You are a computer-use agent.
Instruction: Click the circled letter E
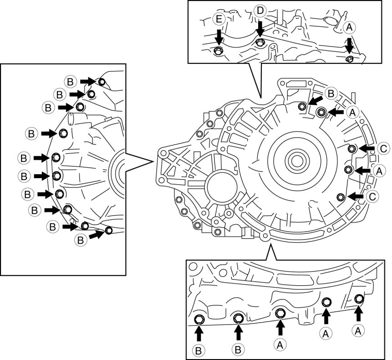point(218,19)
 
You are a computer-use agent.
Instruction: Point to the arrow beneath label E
point(219,36)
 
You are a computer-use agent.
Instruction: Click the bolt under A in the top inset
point(349,59)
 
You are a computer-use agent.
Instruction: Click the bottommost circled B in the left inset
point(80,238)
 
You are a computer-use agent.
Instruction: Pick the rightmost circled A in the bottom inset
point(359,329)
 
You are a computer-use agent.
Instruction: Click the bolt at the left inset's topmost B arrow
point(102,82)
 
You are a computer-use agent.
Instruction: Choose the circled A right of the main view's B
point(351,111)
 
